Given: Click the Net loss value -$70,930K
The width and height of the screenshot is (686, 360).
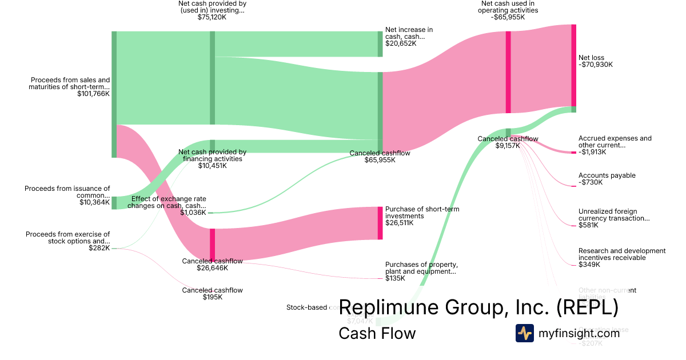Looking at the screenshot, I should coord(596,65).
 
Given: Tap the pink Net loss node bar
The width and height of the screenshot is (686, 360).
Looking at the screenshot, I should coord(573,65).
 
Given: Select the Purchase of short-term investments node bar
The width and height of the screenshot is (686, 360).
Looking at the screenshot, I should coord(380,223).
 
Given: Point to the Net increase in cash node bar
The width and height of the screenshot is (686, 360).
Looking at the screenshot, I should coord(380,44).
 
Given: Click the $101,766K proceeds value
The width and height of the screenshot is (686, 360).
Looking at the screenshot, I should coord(93,94).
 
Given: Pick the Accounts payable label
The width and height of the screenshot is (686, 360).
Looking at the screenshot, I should coord(607,175).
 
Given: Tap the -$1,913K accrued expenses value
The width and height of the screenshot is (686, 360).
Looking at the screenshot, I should coord(592,152).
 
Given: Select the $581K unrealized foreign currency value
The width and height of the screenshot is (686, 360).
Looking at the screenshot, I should coord(588,225).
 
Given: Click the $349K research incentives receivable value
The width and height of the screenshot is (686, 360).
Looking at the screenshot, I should coord(589,265).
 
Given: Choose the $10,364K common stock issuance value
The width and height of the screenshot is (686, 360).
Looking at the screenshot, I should coord(94,202).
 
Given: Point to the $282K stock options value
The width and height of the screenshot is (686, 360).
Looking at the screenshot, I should coord(99,248).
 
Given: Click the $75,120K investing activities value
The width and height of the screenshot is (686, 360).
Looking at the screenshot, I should coord(212,17).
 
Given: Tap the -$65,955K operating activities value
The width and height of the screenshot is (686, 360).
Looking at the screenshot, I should coord(508,17).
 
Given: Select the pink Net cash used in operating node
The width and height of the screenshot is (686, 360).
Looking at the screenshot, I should coord(508,72).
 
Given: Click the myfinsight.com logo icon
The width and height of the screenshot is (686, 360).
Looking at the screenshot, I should coord(525,333).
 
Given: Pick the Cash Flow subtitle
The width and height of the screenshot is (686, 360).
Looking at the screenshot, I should coord(377,333).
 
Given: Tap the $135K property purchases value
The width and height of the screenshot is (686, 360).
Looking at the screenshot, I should coord(395,278).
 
